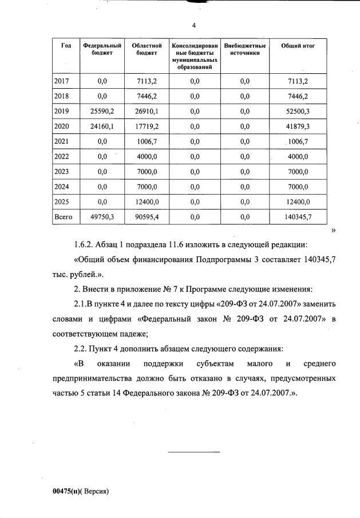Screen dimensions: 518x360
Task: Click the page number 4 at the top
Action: [194, 26]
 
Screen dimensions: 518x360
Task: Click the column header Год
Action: [66, 45]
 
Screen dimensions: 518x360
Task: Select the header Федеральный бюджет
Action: [102, 49]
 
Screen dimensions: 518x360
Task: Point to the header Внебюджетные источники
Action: [245, 49]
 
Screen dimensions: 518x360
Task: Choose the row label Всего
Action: [64, 217]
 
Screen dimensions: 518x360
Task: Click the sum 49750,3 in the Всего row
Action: [102, 217]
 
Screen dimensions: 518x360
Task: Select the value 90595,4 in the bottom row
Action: [145, 217]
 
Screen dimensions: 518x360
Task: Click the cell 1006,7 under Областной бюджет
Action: [145, 141]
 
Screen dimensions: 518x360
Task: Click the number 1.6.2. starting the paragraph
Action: [84, 245]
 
